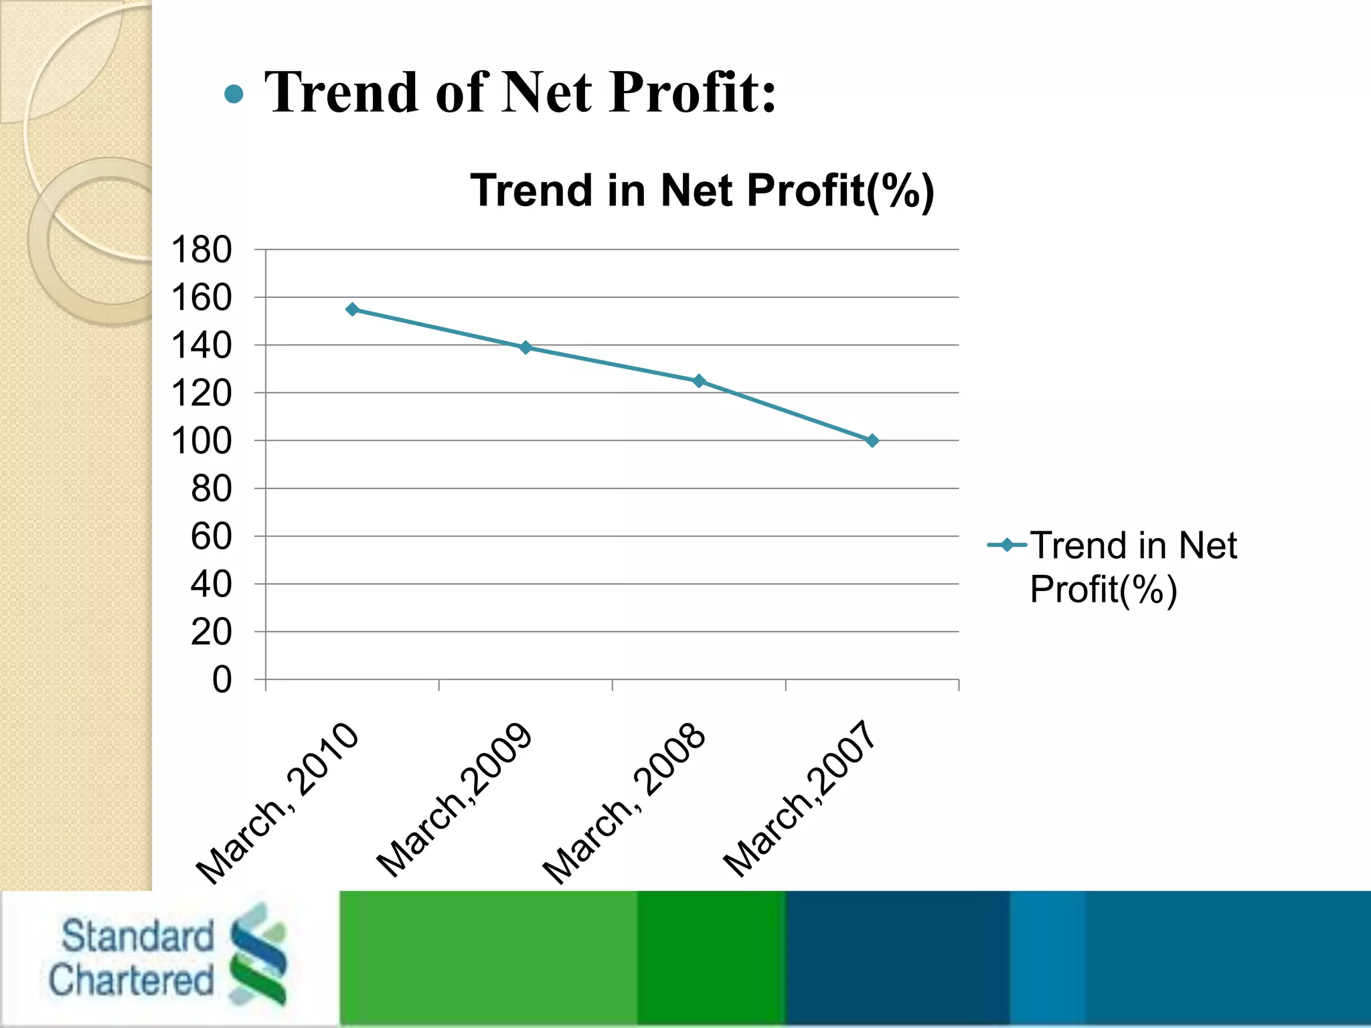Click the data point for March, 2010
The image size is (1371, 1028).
(352, 309)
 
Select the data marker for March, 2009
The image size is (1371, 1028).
(526, 347)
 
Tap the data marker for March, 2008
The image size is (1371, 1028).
(699, 381)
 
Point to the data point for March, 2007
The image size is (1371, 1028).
(872, 440)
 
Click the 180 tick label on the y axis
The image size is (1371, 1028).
(201, 250)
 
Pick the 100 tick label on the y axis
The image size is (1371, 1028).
(201, 442)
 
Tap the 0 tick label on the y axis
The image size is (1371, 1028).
(222, 680)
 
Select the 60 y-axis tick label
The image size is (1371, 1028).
(212, 537)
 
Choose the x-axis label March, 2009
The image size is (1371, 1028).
(455, 800)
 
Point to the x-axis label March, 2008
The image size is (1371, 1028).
(625, 803)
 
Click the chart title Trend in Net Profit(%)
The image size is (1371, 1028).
(702, 191)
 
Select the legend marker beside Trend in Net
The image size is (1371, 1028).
(1007, 545)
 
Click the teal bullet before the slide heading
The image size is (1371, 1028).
(234, 94)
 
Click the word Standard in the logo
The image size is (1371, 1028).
(137, 936)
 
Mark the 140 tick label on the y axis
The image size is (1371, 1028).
(201, 346)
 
